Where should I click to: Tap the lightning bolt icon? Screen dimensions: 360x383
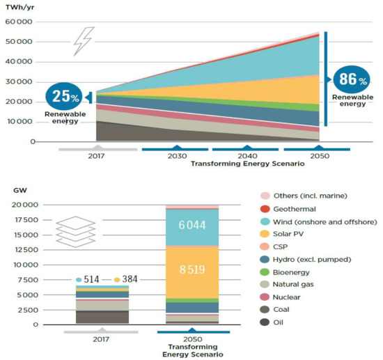tap(84, 41)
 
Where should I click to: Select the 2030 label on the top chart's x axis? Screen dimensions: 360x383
tap(173, 156)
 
